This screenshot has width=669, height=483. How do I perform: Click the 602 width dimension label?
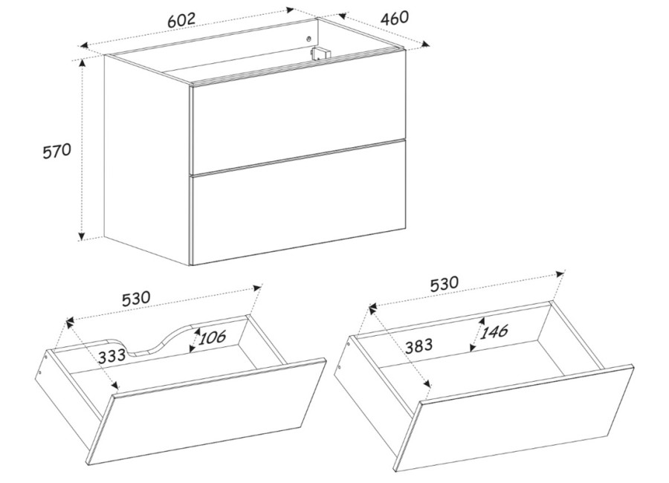click(x=181, y=19)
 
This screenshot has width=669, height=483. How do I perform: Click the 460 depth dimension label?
click(x=394, y=18)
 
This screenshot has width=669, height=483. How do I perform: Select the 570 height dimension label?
click(x=56, y=151)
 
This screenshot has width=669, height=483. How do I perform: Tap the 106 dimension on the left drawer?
click(x=212, y=337)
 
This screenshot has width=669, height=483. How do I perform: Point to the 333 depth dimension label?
click(x=111, y=355)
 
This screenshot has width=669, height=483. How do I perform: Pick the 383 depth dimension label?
click(x=418, y=346)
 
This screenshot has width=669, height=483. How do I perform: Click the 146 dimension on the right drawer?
click(x=494, y=331)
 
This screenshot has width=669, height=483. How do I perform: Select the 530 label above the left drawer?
click(x=136, y=298)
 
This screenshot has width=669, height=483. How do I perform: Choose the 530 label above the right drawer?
click(x=445, y=283)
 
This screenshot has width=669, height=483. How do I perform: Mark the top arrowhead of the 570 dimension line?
click(x=82, y=62)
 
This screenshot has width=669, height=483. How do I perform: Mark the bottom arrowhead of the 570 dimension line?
click(x=82, y=236)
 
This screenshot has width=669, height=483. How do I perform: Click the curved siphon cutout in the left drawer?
click(x=155, y=340)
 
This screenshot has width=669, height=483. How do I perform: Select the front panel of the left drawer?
click(x=207, y=412)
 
